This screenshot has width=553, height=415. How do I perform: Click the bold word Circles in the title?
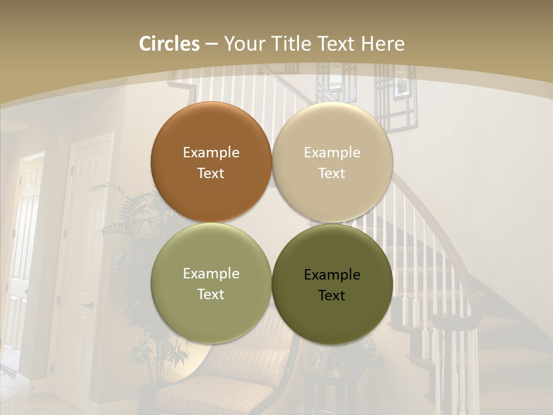[x=169, y=44]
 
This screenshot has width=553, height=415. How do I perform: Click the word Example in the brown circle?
[x=211, y=153]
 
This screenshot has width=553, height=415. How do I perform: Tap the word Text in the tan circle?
[x=332, y=173]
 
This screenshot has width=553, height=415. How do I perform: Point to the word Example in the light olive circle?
[x=211, y=274]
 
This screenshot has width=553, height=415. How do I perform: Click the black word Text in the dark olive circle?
[x=332, y=296]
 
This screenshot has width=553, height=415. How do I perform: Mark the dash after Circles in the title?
[x=211, y=44]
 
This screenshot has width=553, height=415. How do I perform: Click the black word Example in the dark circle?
[x=332, y=275]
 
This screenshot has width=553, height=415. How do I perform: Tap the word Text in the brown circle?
[x=211, y=173]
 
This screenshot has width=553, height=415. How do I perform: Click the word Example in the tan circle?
[x=332, y=153]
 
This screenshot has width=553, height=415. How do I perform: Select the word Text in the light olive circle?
[x=211, y=295]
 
